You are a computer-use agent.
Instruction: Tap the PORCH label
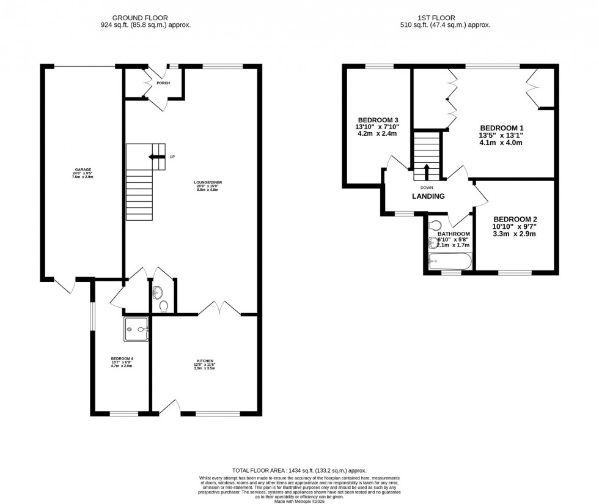163,83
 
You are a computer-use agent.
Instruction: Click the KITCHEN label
205,361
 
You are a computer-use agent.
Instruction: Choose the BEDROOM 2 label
515,219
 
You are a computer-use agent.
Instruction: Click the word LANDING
428,196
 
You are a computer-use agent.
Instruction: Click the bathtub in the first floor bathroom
450,262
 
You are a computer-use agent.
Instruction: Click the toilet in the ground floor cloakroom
163,305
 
